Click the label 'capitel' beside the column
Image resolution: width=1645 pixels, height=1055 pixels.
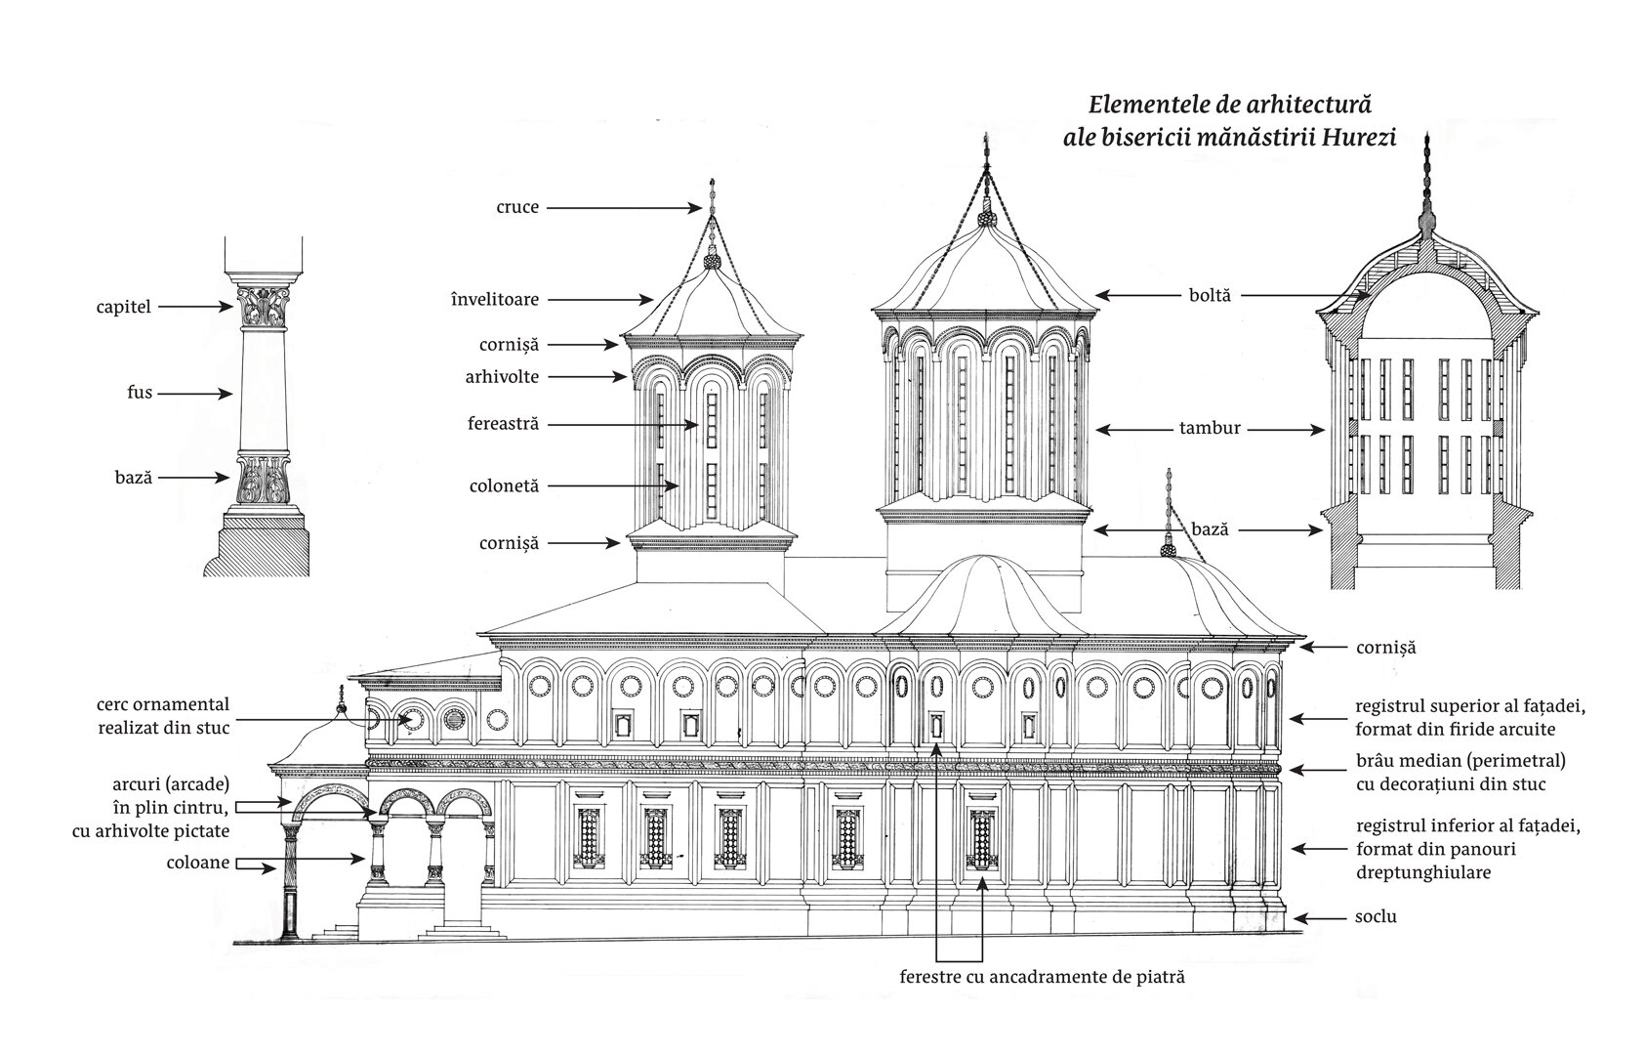click(x=123, y=307)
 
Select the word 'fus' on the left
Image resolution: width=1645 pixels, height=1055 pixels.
click(x=140, y=393)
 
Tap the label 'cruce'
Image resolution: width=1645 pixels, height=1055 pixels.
click(x=517, y=207)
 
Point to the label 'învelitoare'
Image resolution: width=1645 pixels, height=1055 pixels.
click(x=494, y=299)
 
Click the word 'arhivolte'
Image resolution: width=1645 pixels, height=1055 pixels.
click(x=502, y=377)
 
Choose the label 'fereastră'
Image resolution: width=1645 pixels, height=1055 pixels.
click(x=503, y=424)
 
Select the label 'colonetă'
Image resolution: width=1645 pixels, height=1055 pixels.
click(x=504, y=486)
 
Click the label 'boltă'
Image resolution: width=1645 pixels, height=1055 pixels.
click(x=1210, y=295)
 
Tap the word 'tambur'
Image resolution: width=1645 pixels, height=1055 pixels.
click(x=1210, y=428)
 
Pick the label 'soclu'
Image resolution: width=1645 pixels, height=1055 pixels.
click(x=1376, y=917)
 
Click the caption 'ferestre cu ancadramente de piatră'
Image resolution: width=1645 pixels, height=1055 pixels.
click(x=1042, y=977)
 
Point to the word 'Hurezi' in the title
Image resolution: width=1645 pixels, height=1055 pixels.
click(x=1359, y=138)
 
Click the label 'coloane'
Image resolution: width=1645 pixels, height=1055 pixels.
click(x=197, y=863)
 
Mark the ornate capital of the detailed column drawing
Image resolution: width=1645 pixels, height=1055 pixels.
click(x=263, y=307)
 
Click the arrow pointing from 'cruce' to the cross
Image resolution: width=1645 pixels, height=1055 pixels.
click(x=624, y=208)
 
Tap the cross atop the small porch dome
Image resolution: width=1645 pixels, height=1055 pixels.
click(x=340, y=697)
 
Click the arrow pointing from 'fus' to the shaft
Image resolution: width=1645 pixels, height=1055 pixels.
click(x=195, y=394)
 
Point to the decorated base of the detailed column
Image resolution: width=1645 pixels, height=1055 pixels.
click(x=263, y=481)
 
